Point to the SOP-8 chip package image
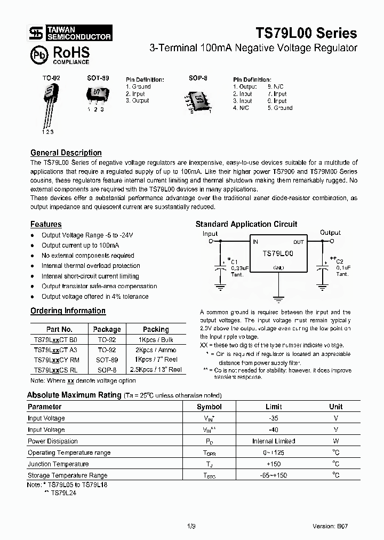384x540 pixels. pyautogui.click(x=198, y=99)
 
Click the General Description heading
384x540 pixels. pyautogui.click(x=66, y=153)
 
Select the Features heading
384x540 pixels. pyautogui.click(x=46, y=224)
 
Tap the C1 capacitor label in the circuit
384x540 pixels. pyautogui.click(x=235, y=261)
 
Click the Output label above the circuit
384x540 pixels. pyautogui.click(x=330, y=233)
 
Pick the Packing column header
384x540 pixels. pyautogui.click(x=156, y=329)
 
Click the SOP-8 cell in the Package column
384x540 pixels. pyautogui.click(x=107, y=369)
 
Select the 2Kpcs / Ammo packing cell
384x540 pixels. pyautogui.click(x=156, y=350)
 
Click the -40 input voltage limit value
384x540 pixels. pyautogui.click(x=274, y=430)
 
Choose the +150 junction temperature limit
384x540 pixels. pyautogui.click(x=274, y=464)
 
